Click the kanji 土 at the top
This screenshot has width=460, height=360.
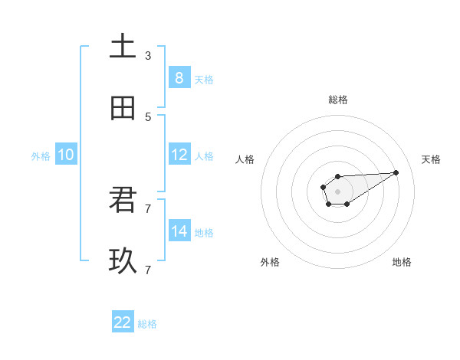coord(123,47)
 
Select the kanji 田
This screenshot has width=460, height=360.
coord(123,108)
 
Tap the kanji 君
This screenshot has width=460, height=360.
coord(123,201)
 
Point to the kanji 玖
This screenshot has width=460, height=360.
coord(123,262)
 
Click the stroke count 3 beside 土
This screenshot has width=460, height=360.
coord(148,55)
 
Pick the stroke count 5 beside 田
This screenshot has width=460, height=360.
coord(148,116)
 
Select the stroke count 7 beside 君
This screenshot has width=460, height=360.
coord(148,208)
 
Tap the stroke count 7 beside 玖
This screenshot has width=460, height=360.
coord(148,270)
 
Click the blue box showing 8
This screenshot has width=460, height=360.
coord(179,77)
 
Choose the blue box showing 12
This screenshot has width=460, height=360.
coord(179,155)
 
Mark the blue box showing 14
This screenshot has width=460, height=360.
coord(179,231)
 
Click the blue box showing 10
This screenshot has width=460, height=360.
coord(66,155)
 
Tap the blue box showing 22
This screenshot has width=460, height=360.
coord(123,322)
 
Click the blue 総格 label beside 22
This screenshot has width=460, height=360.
coord(147,324)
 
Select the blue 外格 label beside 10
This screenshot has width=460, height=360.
coord(41,156)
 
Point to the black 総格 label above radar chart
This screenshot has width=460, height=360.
coord(337,100)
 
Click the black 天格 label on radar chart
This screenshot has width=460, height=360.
coord(432,159)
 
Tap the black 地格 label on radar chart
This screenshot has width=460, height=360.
coord(402,262)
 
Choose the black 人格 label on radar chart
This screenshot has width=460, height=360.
coord(245,159)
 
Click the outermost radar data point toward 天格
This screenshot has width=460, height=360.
coord(396,172)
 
